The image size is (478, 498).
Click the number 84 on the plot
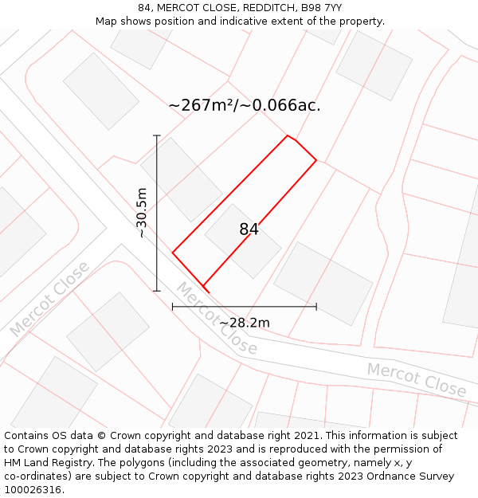click(x=249, y=229)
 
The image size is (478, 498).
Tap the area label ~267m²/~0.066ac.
click(x=245, y=105)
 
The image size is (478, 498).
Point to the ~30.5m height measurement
click(x=142, y=213)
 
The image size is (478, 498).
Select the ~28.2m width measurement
click(x=245, y=323)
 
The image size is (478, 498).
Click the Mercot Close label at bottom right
click(x=416, y=379)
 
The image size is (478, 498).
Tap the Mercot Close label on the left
click(x=49, y=299)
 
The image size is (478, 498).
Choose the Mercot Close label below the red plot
click(x=217, y=319)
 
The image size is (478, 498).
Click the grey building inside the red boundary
click(x=242, y=241)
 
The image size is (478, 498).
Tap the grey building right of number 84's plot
click(x=323, y=283)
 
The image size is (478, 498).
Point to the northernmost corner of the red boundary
click(x=288, y=135)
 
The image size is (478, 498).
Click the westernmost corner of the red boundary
click(x=173, y=253)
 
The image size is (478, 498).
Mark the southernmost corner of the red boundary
click(x=204, y=286)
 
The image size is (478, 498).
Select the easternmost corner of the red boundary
click(x=316, y=161)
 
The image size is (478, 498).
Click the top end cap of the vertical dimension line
click(x=157, y=135)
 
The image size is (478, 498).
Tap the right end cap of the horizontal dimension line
click(x=316, y=306)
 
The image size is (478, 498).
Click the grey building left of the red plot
click(x=181, y=179)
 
